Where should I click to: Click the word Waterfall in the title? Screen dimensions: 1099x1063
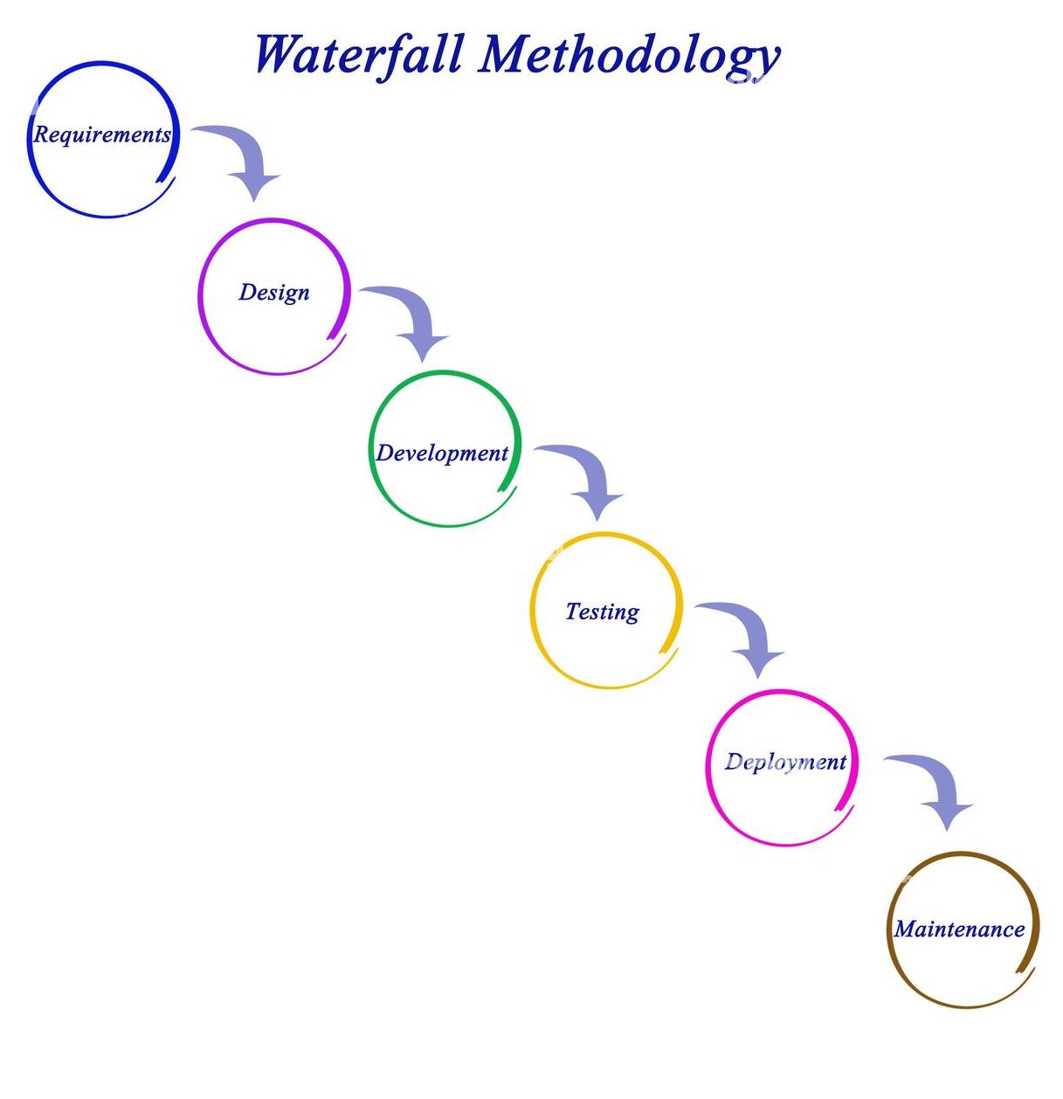pos(358,54)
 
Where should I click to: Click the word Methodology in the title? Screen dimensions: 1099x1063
pos(629,56)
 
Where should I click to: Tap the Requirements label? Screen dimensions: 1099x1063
pos(102,135)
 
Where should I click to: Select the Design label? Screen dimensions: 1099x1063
pos(274,292)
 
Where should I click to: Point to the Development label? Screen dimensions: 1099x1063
pos(442,453)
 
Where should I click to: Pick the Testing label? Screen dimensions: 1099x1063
pos(602,612)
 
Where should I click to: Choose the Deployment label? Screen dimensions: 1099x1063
pos(785,762)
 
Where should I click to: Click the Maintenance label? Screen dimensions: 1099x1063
pos(959,929)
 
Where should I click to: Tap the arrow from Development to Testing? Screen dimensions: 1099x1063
pos(589,475)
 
